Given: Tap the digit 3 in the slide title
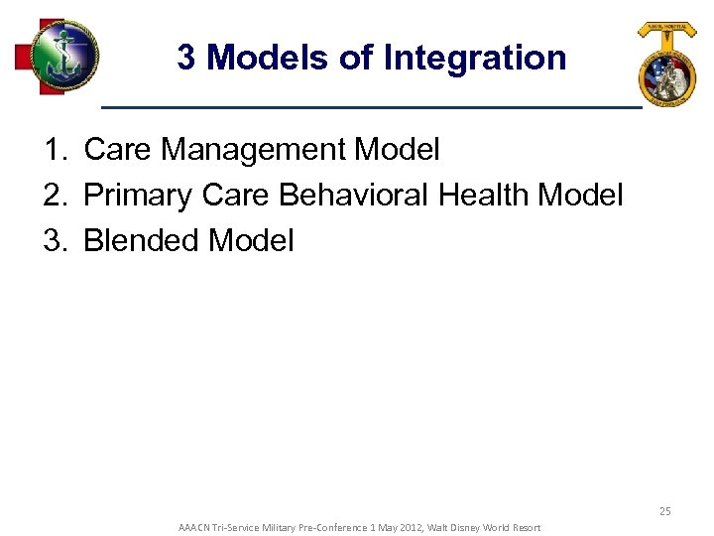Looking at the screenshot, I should click(x=186, y=58).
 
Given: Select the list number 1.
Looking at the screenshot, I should click(x=54, y=150).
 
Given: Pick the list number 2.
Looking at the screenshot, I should click(x=54, y=196).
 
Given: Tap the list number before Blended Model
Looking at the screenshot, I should click(x=54, y=240).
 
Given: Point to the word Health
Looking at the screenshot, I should click(x=484, y=196).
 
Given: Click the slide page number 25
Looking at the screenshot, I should click(x=664, y=511).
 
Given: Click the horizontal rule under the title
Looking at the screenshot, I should click(x=372, y=106).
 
